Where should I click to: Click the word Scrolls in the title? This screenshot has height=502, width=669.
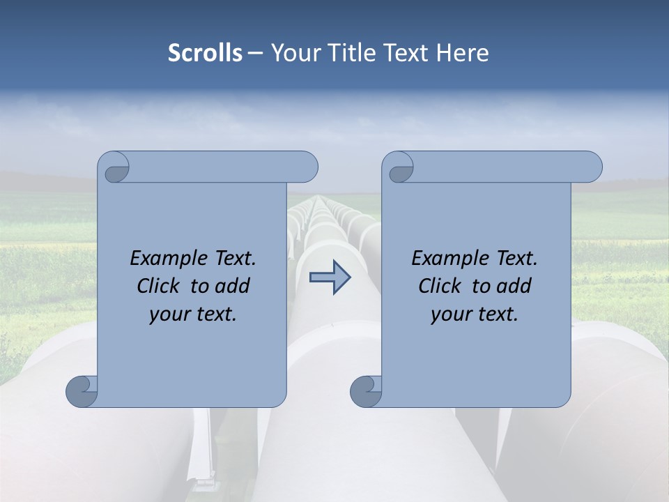point(205,53)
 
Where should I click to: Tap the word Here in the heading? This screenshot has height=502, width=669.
point(463,53)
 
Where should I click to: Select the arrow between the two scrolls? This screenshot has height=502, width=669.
point(330,277)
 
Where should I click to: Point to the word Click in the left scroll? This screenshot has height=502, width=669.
point(160,286)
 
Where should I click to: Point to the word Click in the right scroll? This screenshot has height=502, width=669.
point(440,286)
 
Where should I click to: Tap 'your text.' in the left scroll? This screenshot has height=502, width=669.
point(193,314)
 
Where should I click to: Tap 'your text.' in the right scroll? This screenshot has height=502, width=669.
point(475,314)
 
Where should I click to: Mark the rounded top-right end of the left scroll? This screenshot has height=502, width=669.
point(307,167)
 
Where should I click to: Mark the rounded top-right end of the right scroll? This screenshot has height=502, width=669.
point(591,167)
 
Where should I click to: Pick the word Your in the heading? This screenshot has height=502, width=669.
point(293,53)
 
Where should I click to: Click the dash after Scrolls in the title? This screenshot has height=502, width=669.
point(256,54)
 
